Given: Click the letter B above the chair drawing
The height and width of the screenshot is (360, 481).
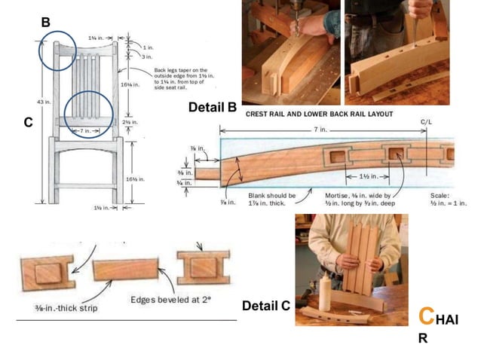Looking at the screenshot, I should coord(45,23).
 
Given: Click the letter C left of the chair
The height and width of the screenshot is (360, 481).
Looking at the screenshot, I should coord(28,121).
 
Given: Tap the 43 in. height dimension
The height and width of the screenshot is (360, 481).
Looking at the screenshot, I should coord(42,102).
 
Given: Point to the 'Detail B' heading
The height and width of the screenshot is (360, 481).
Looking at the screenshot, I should coord(213,108).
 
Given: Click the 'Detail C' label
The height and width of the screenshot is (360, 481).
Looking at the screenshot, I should coord(266,306).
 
